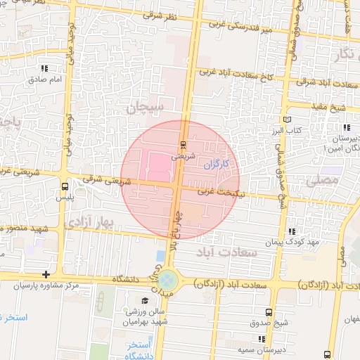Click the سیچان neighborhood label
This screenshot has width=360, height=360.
[146, 107]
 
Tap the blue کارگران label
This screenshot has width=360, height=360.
[217, 165]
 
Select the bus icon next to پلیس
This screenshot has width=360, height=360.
[65, 187]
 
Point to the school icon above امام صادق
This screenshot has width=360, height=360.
[46, 69]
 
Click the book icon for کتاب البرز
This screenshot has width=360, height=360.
[286, 121]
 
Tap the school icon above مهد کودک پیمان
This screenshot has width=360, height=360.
[292, 231]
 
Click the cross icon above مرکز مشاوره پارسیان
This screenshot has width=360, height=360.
[46, 274]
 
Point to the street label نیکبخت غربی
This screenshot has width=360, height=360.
[219, 191]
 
